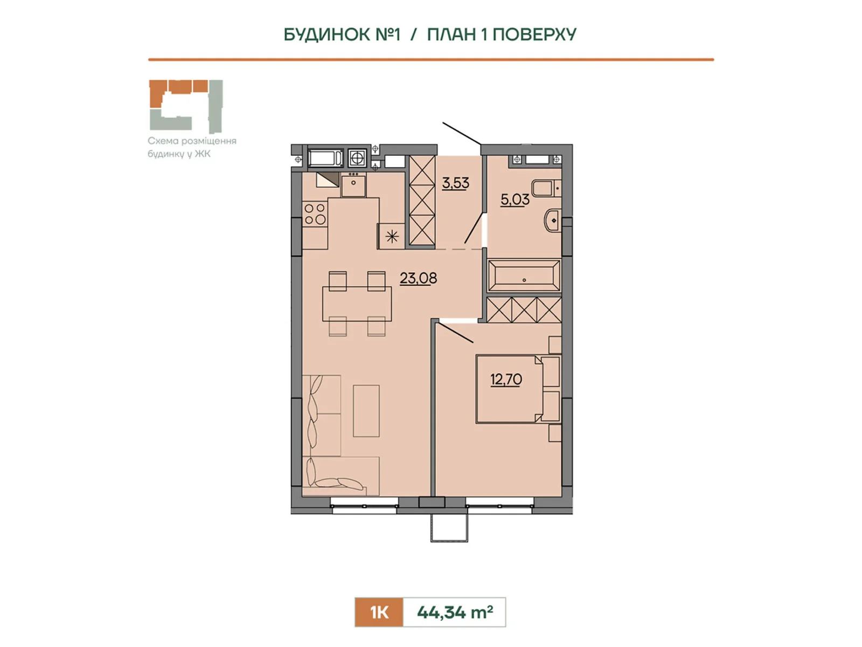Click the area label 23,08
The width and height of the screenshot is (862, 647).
418,278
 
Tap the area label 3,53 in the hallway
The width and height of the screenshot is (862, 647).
456,183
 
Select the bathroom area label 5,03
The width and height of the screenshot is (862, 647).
515,199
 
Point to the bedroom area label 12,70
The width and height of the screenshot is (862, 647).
506,380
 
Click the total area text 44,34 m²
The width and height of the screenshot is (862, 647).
454,612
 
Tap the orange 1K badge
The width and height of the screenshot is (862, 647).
379,612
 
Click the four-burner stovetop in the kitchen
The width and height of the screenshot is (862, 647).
315,214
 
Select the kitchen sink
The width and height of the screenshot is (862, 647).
353,185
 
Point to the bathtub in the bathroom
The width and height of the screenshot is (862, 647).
524,276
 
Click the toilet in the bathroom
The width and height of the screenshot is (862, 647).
545,189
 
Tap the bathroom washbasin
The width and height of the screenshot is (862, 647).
552,221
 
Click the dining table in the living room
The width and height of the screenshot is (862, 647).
357,304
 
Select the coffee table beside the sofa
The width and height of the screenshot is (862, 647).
366,410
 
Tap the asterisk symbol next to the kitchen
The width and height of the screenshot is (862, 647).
392,236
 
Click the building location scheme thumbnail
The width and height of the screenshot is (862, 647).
185,105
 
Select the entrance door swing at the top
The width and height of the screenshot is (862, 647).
461,133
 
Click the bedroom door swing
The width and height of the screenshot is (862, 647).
456,332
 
